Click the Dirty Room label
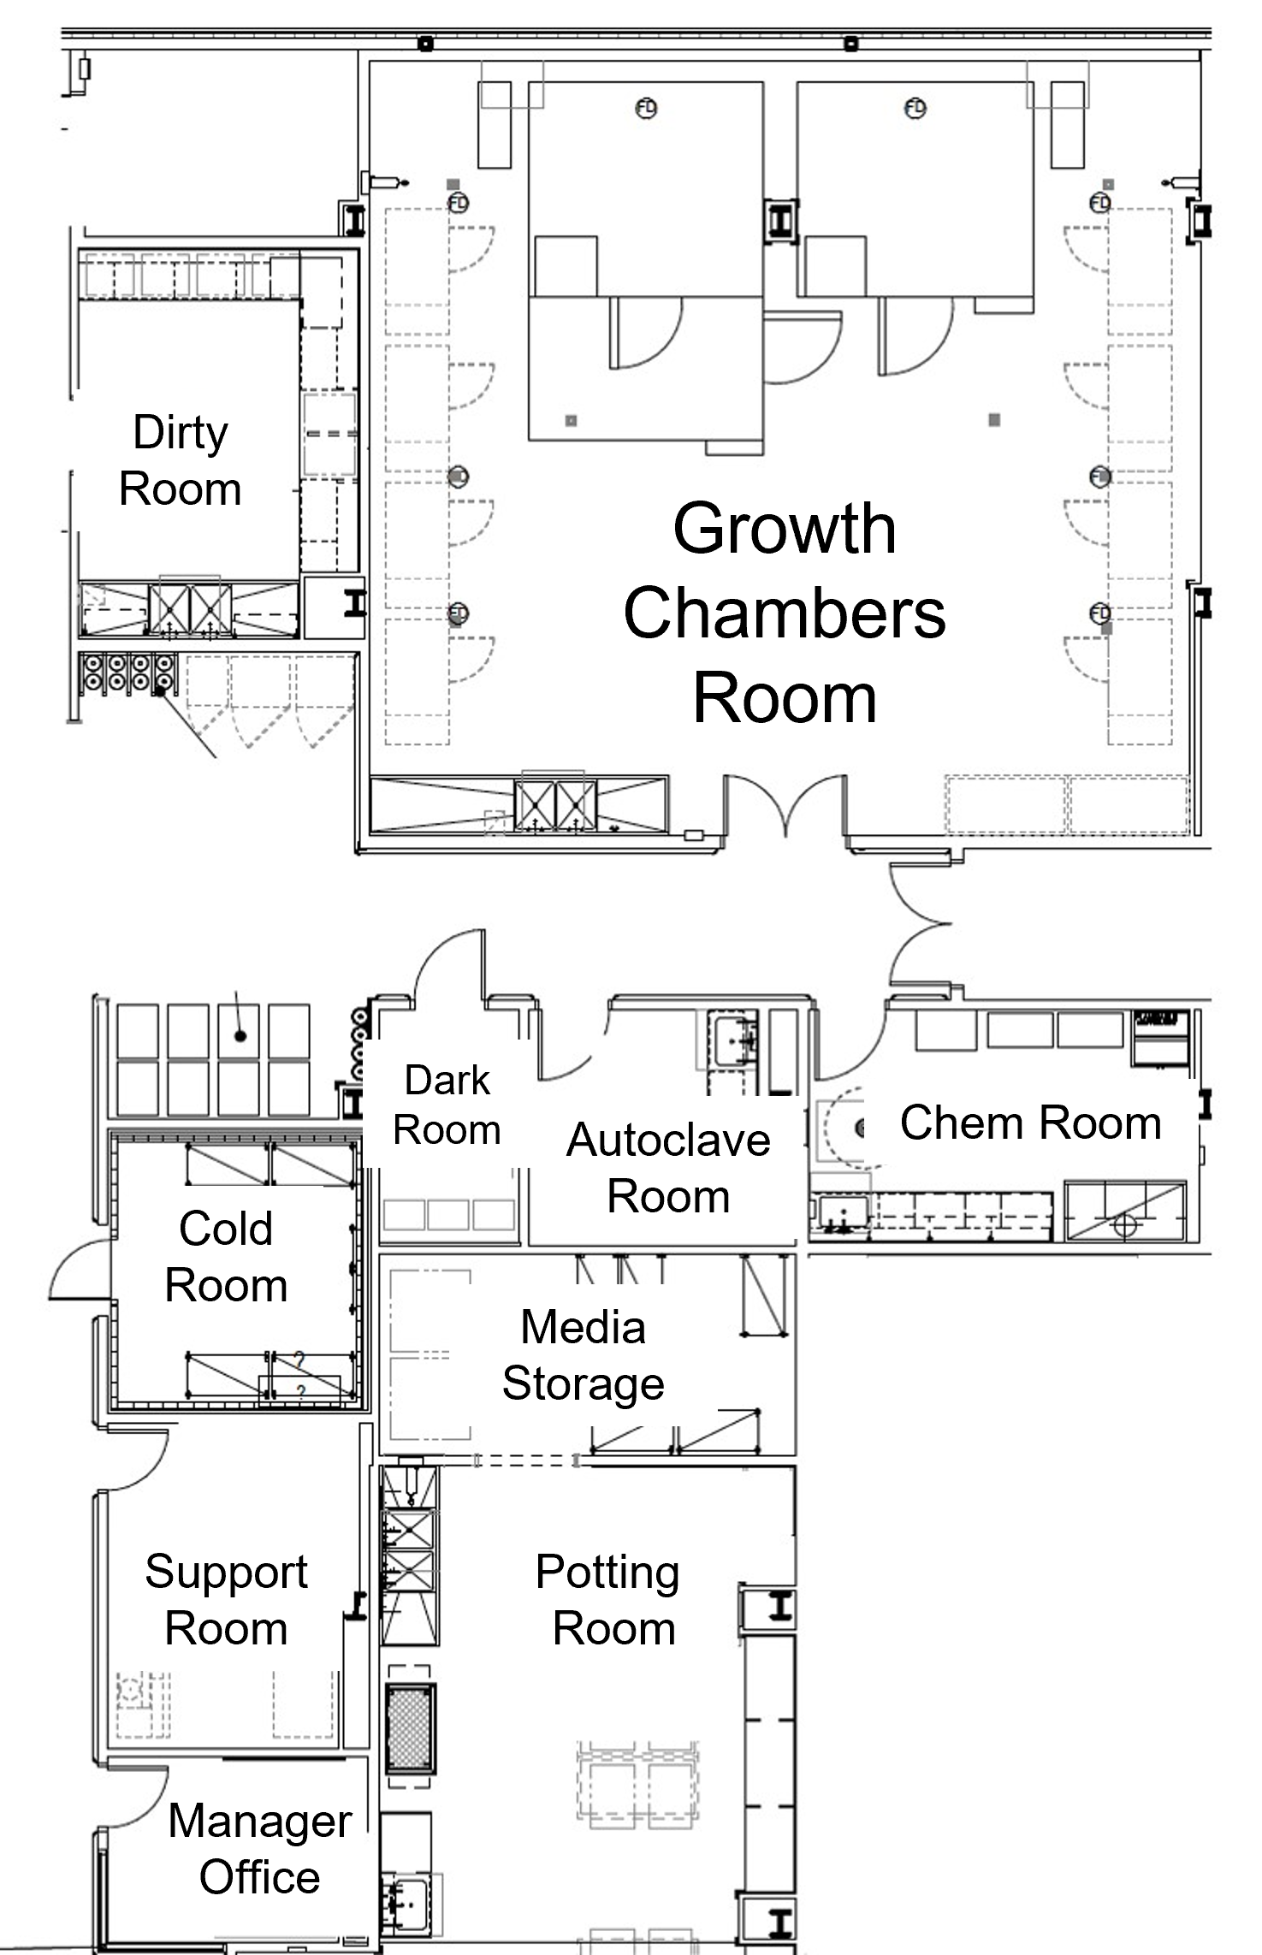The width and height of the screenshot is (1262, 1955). pos(181,460)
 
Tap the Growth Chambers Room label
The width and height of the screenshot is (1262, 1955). pos(785,613)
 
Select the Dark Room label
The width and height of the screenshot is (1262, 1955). pos(447,1105)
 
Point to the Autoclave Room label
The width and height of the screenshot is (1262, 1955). pos(668,1168)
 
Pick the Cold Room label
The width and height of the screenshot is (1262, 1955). pos(226,1257)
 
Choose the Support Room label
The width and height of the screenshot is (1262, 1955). pos(226,1599)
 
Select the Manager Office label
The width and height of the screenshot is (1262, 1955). pos(260,1848)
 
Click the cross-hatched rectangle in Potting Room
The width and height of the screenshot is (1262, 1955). pos(411,1727)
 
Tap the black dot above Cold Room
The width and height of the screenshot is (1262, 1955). pos(240,1036)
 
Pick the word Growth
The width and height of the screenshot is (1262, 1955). pos(785,530)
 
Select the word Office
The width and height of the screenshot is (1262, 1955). pos(260,1877)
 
